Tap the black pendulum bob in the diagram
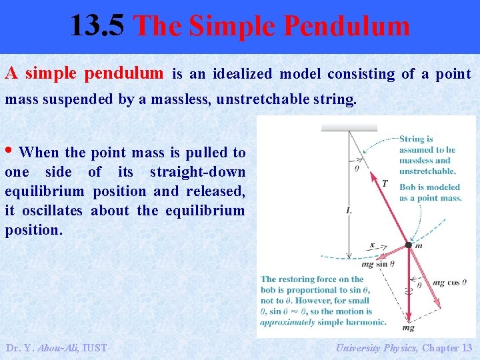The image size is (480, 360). point(409,245)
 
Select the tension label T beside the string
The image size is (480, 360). point(384,183)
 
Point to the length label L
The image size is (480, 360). point(349,211)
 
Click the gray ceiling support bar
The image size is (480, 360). point(349,127)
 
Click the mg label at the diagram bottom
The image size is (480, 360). point(408,327)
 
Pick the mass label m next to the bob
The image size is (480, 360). point(419,246)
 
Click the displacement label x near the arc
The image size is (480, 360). point(373,245)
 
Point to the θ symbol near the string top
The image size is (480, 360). point(356,168)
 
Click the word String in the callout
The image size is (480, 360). point(411,139)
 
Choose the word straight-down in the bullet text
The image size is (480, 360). point(197,172)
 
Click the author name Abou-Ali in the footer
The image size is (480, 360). point(57,347)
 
